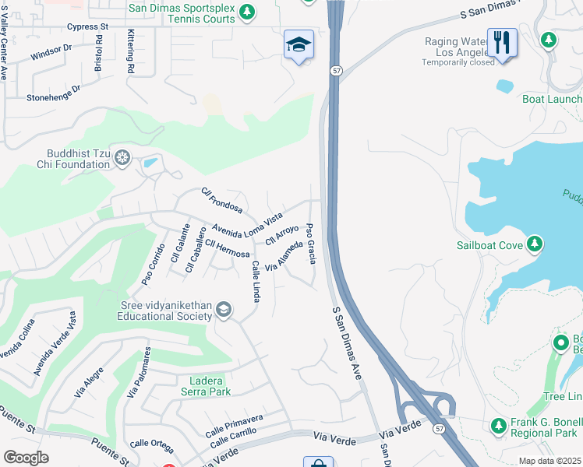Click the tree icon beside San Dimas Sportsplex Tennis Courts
247,12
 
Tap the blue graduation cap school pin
299,46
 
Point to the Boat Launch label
552,99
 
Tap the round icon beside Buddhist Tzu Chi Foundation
122,159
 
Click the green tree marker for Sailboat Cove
534,245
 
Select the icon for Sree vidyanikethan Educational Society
224,311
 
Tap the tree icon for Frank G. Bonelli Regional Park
499,426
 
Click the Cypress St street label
88,26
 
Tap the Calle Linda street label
256,281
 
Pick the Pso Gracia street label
311,243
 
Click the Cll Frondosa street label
221,200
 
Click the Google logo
26,458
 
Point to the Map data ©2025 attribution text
549,461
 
